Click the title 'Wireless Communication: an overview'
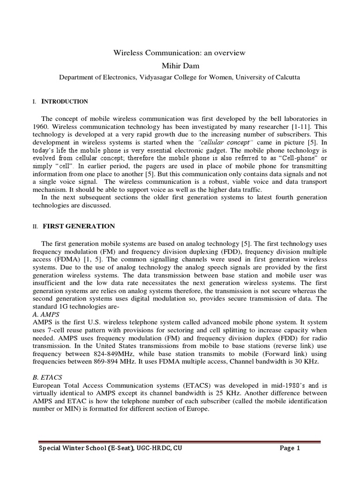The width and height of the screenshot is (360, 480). [x=180, y=53]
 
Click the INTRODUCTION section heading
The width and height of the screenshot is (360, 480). [x=67, y=102]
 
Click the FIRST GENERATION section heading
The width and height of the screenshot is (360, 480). [x=79, y=226]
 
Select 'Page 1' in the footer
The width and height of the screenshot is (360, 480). [x=290, y=448]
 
